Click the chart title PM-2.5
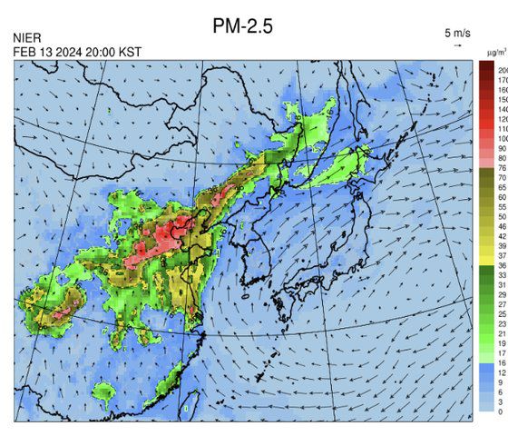242,27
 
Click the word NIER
28,38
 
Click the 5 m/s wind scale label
458,33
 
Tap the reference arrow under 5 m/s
458,44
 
